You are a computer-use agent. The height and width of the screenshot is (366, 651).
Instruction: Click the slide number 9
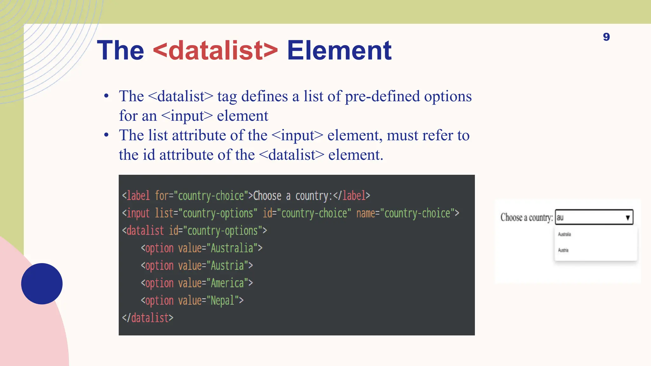pyautogui.click(x=606, y=37)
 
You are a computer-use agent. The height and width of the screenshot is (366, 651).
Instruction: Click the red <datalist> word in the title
pyautogui.click(x=215, y=50)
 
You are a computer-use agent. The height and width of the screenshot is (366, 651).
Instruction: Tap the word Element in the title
pyautogui.click(x=339, y=50)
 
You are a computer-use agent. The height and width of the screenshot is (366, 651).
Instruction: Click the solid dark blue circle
pyautogui.click(x=42, y=283)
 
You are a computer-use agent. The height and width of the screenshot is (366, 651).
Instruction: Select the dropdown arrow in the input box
pyautogui.click(x=627, y=218)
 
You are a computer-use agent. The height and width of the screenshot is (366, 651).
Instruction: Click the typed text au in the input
pyautogui.click(x=560, y=218)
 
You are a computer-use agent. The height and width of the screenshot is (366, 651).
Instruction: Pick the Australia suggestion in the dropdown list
pyautogui.click(x=565, y=234)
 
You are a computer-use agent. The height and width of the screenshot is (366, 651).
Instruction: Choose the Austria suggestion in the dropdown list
pyautogui.click(x=563, y=250)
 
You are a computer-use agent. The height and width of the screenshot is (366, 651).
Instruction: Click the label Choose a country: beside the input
pyautogui.click(x=526, y=218)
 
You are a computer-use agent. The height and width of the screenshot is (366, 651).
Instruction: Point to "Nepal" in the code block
pyautogui.click(x=222, y=301)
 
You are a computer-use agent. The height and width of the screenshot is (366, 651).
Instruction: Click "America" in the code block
pyautogui.click(x=227, y=283)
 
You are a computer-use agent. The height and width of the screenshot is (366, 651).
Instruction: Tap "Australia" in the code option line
pyautogui.click(x=232, y=248)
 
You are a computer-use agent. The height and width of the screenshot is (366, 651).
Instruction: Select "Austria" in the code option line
pyautogui.click(x=227, y=266)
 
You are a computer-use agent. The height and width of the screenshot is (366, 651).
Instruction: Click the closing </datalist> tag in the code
pyautogui.click(x=148, y=318)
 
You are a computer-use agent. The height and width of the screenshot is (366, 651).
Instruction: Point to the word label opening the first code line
pyautogui.click(x=138, y=196)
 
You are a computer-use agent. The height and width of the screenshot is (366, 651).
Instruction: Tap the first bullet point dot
pyautogui.click(x=106, y=96)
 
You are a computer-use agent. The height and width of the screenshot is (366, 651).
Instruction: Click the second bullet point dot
pyautogui.click(x=106, y=135)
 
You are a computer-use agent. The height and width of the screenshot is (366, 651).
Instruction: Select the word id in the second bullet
pyautogui.click(x=149, y=155)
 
